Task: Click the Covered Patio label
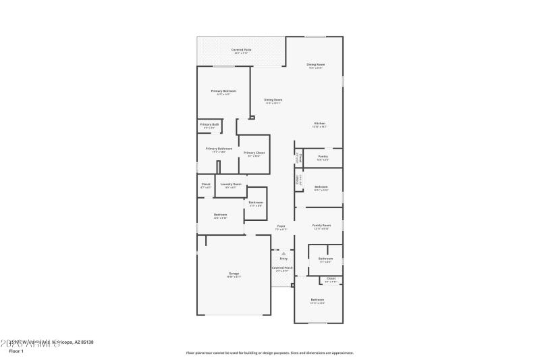(242, 49)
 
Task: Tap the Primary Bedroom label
(223, 91)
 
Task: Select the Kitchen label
(320, 123)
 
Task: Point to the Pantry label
(323, 156)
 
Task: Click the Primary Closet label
(254, 153)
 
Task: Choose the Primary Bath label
(209, 124)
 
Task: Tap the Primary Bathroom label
(219, 148)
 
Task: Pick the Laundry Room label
(231, 183)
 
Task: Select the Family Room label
(321, 225)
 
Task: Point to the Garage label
(234, 273)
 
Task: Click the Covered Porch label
(282, 267)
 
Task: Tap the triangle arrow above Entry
(283, 253)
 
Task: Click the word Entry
(283, 259)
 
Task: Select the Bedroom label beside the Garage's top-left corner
(220, 214)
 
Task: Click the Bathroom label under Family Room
(325, 258)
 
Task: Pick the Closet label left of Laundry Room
(206, 184)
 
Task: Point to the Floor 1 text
(16, 352)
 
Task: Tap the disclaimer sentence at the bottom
(269, 353)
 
